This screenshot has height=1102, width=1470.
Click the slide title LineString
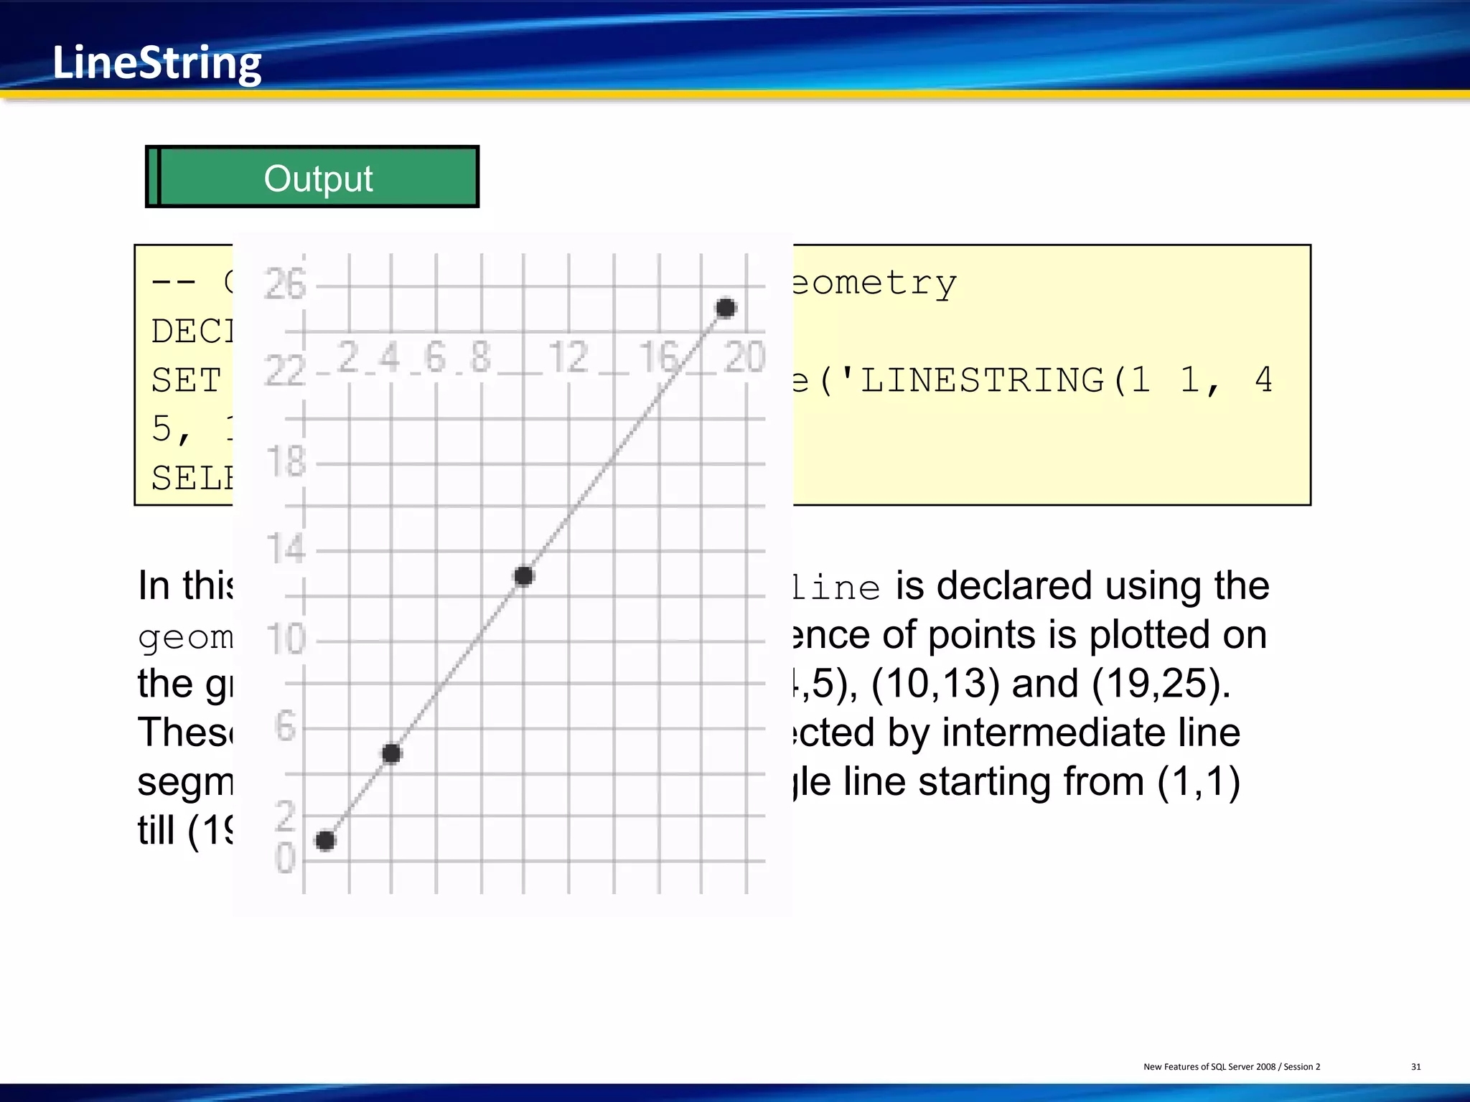(156, 63)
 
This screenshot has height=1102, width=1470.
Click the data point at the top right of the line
(726, 308)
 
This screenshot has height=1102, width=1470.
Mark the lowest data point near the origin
(325, 840)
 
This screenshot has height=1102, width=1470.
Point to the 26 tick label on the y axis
(285, 284)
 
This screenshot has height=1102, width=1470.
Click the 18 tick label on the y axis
(286, 461)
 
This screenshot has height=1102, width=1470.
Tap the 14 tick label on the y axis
(286, 549)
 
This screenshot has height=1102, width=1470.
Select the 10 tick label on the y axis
(286, 639)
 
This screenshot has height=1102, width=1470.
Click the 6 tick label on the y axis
(286, 727)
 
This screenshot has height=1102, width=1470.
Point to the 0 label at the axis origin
(285, 858)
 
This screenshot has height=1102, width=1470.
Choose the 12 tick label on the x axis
(568, 357)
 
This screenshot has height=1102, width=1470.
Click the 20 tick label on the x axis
(744, 357)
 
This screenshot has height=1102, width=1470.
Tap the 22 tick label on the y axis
(285, 372)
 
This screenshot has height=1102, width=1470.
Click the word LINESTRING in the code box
(982, 380)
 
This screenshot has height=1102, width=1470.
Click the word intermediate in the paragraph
(1090, 733)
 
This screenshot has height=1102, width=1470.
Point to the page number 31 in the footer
(1415, 1067)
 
